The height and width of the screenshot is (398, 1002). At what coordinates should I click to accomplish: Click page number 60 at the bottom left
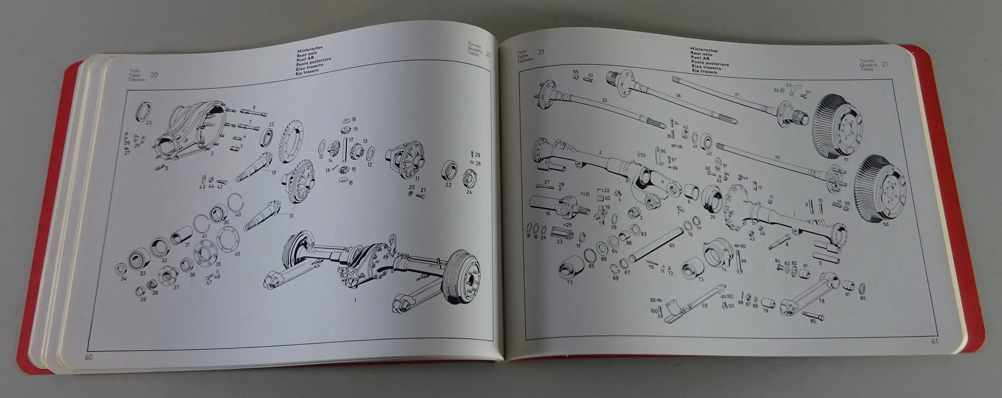click(x=89, y=357)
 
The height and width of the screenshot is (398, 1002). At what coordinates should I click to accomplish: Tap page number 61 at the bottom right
click(x=934, y=342)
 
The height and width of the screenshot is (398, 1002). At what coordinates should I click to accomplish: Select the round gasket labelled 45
click(x=229, y=239)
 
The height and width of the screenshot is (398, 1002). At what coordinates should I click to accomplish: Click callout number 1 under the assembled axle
click(x=355, y=300)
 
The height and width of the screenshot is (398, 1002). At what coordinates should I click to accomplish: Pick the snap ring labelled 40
click(x=235, y=203)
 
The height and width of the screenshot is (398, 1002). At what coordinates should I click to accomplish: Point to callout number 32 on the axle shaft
click(x=604, y=100)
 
